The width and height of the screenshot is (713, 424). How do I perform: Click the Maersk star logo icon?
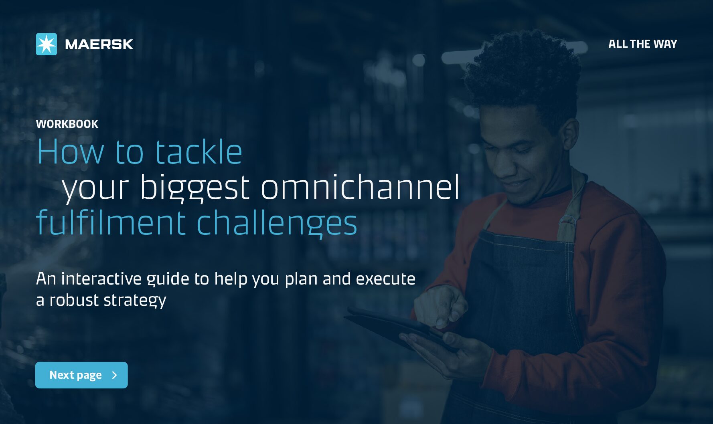pos(47,44)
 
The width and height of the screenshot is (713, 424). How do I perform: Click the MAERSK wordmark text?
pos(99,44)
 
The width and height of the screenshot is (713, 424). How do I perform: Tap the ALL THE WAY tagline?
pos(642,44)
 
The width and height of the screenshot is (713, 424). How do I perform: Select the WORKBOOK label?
pos(67,124)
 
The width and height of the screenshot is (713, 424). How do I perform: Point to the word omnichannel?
pos(360,187)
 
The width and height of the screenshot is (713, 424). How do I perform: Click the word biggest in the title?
pos(195,188)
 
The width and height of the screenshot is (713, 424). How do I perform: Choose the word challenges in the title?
pos(277,223)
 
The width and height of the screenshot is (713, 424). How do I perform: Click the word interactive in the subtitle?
pos(101,279)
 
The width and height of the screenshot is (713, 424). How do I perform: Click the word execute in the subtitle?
pos(385,279)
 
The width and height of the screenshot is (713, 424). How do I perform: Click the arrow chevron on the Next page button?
pos(115,375)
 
